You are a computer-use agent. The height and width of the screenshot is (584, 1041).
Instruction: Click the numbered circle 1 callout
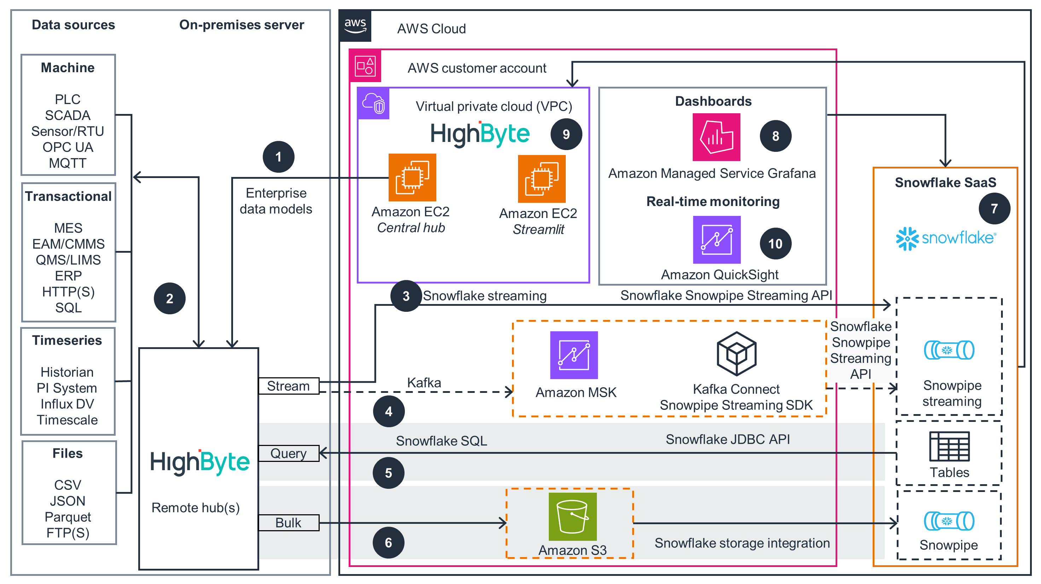[278, 157]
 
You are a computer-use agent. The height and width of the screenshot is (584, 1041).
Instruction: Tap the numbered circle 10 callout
[775, 244]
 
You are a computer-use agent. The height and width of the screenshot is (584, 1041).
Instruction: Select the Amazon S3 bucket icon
[572, 516]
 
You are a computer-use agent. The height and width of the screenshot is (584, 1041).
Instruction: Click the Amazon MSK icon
[574, 355]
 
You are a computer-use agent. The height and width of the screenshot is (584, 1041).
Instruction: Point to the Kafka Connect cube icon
[736, 354]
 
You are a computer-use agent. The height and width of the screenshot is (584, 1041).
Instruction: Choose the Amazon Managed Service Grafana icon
[716, 137]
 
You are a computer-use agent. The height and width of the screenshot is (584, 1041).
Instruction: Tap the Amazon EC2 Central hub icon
[412, 178]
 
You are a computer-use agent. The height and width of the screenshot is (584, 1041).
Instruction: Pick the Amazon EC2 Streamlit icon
[541, 179]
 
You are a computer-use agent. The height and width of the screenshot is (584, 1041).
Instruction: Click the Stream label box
[289, 386]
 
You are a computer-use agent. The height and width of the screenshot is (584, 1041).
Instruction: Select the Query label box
[289, 453]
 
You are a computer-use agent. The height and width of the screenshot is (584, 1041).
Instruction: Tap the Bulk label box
[289, 522]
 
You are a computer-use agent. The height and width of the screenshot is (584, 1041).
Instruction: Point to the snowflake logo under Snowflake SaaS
[946, 238]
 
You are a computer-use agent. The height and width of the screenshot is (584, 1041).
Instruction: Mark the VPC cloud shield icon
[373, 104]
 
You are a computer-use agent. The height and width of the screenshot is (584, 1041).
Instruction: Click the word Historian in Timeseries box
[67, 372]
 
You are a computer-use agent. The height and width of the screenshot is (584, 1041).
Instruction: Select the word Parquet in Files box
[68, 517]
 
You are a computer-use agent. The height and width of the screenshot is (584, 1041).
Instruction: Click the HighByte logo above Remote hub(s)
[200, 462]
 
